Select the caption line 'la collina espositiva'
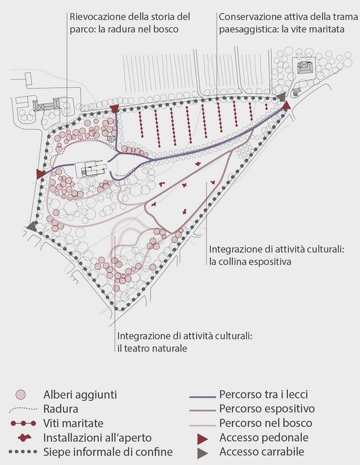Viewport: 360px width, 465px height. (250, 262)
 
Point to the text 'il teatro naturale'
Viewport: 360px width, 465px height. (152, 348)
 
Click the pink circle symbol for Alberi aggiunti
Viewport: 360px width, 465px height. (21, 395)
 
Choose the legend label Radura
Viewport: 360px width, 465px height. (61, 409)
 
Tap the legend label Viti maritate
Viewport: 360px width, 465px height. (73, 423)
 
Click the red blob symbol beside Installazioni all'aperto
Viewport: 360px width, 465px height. (25, 438)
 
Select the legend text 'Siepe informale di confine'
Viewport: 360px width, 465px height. (108, 452)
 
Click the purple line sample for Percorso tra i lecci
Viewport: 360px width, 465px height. (203, 396)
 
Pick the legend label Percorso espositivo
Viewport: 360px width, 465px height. (267, 409)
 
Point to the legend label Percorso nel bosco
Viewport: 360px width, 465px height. (265, 423)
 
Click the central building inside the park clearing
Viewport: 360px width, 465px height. (90, 169)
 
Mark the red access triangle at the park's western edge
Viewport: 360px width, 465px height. (40, 174)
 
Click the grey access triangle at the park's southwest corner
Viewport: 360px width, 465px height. (32, 227)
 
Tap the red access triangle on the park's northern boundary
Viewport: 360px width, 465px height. (114, 108)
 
